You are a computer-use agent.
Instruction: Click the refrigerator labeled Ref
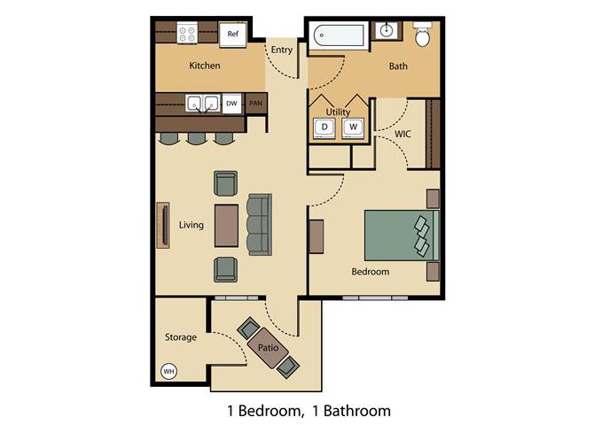(232, 34)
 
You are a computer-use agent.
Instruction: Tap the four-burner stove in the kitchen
(187, 33)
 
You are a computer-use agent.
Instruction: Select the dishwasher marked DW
(231, 104)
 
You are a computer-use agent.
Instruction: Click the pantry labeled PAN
(256, 103)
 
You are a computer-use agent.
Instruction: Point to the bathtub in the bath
(338, 36)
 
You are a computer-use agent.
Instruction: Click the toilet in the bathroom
(422, 34)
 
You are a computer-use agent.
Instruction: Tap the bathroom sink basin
(386, 30)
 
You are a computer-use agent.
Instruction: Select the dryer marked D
(324, 127)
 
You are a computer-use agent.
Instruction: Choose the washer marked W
(354, 127)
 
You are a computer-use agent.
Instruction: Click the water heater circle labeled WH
(168, 371)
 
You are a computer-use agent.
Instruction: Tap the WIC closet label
(403, 134)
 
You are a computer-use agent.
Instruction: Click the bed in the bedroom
(402, 236)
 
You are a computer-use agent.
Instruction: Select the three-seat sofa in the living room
(260, 225)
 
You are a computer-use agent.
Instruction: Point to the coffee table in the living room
(227, 226)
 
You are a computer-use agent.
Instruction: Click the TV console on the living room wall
(163, 225)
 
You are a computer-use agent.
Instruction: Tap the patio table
(268, 348)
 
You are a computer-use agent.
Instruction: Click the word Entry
(282, 50)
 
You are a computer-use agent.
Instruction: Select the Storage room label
(181, 336)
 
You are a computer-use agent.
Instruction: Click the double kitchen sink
(202, 103)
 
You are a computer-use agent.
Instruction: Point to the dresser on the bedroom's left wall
(317, 236)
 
